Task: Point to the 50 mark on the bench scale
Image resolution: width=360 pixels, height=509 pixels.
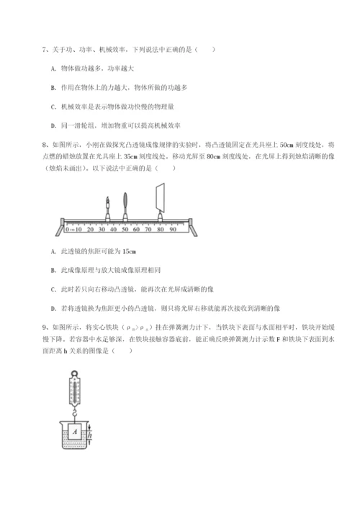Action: [125, 229]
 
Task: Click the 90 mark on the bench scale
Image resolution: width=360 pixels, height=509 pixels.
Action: [173, 229]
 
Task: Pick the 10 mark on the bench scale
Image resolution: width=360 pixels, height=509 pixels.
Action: [78, 229]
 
